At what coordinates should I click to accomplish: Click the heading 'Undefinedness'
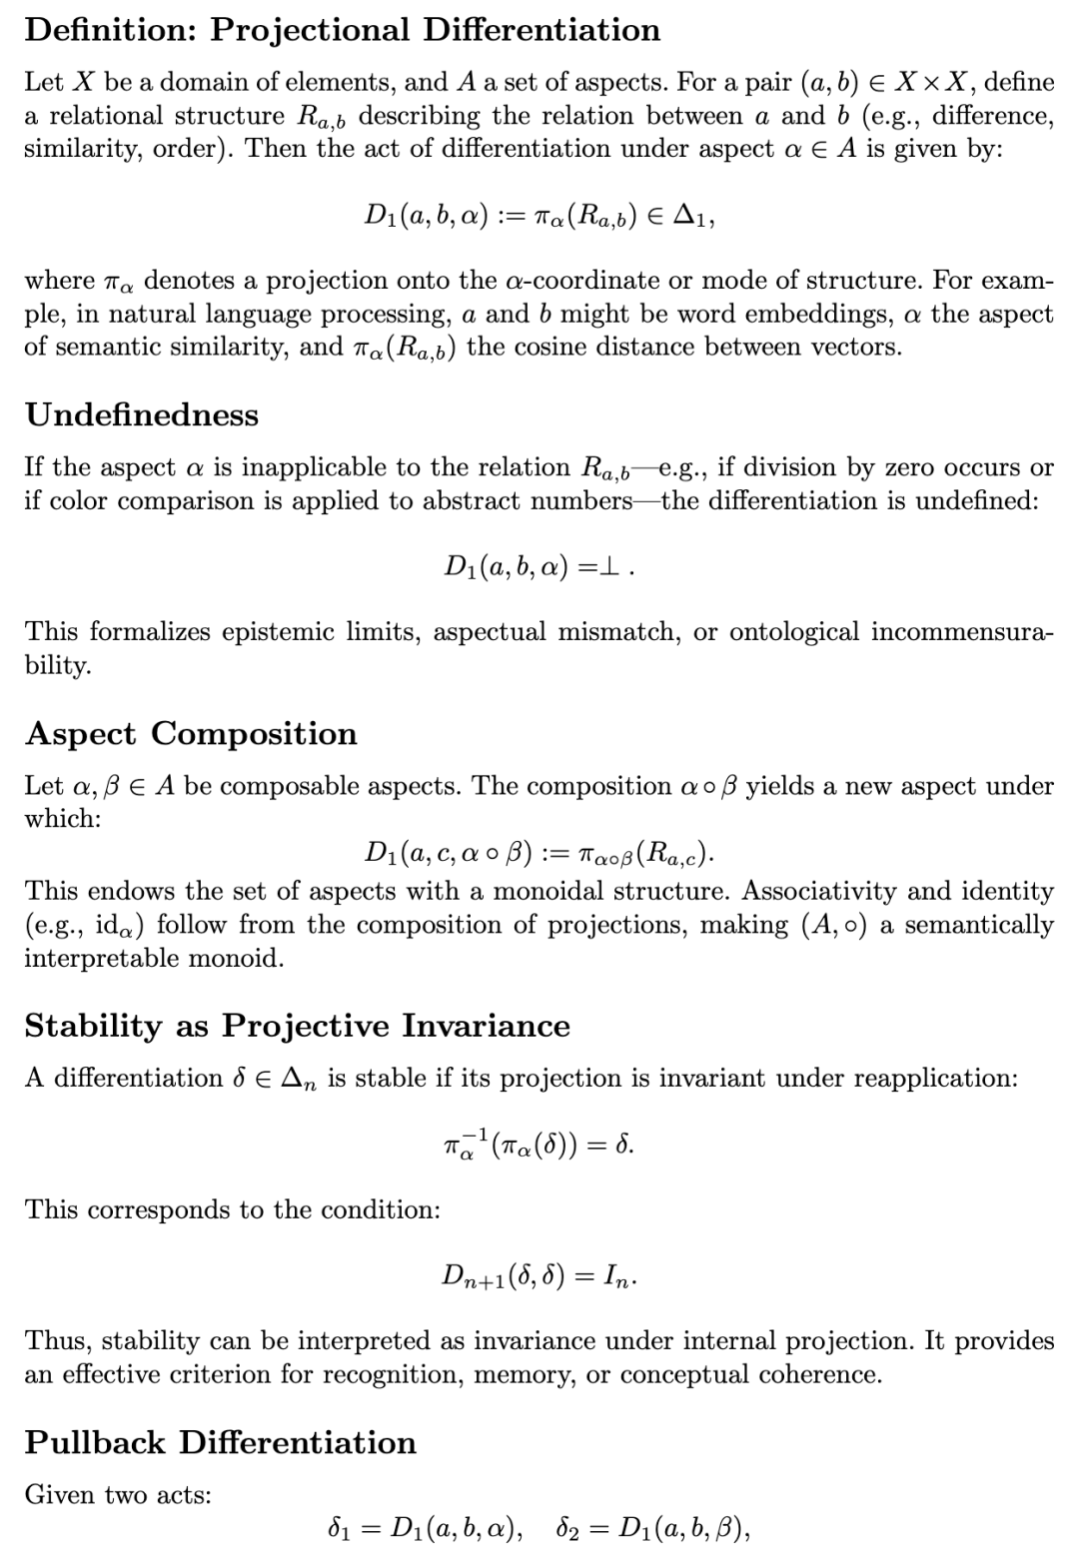[x=142, y=414]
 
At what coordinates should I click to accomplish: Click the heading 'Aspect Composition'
[x=191, y=733]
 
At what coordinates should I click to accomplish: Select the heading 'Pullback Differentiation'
[x=221, y=1442]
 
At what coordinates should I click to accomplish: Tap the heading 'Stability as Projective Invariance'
[x=298, y=1026]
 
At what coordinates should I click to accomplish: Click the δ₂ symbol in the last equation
[x=572, y=1528]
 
